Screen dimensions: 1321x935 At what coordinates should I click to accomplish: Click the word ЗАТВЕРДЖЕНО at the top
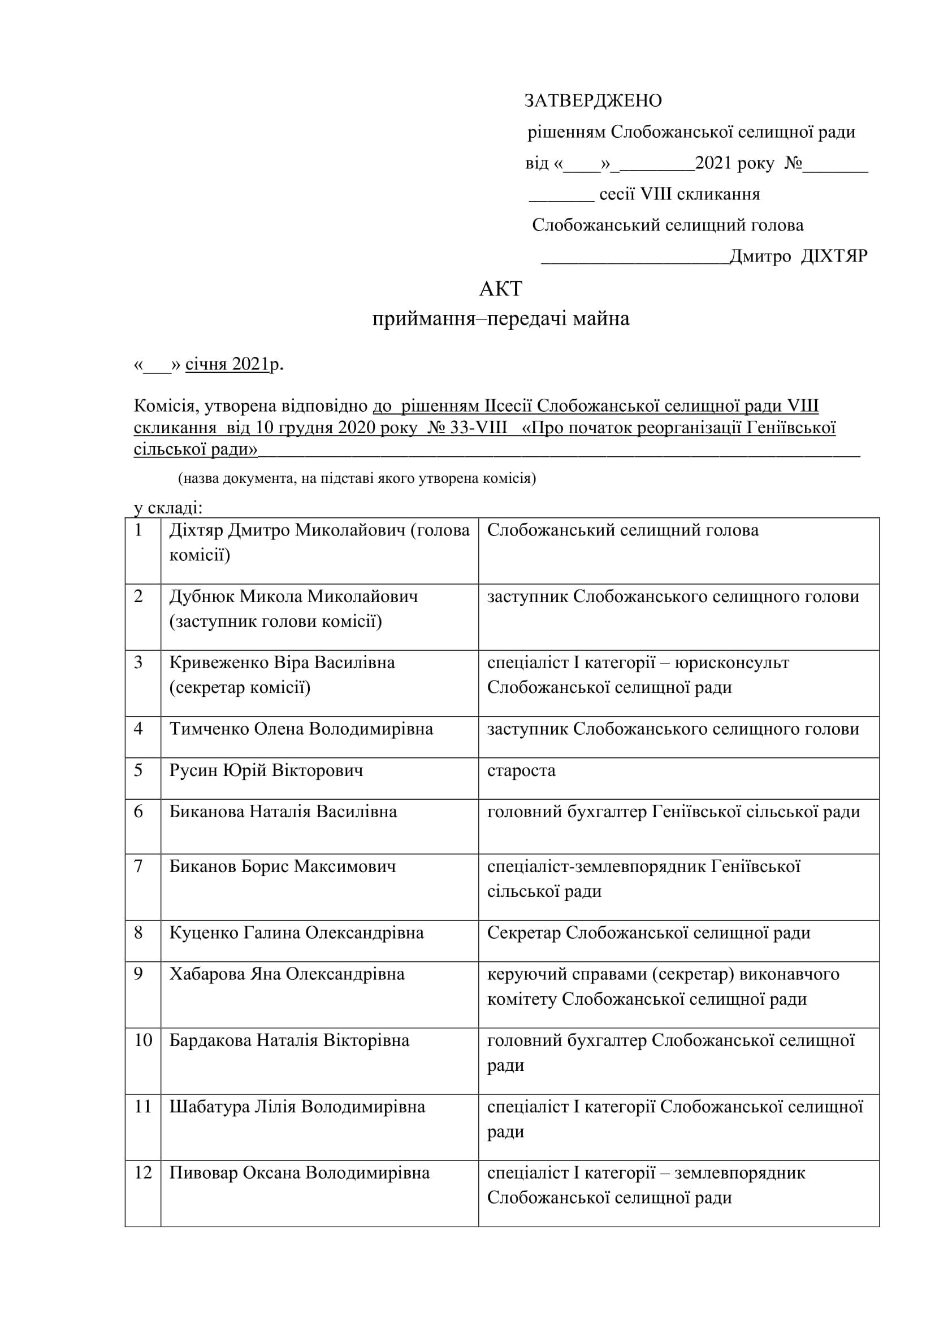pos(592,101)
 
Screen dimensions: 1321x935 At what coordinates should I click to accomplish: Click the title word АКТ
pos(500,289)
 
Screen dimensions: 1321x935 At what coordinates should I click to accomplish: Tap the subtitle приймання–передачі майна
pos(500,319)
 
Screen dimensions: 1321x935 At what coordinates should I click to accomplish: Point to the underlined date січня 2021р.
pos(232,364)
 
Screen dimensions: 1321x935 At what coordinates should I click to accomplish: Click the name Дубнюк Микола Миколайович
pos(293,596)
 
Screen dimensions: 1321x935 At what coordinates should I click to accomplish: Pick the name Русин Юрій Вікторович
pos(266,770)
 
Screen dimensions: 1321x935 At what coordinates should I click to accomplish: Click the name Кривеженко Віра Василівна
pos(282,663)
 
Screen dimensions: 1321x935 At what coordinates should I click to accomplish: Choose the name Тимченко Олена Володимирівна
pos(301,729)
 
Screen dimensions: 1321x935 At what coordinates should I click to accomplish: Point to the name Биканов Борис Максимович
pos(282,866)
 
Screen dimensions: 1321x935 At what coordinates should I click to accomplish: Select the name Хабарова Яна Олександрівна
pos(287,974)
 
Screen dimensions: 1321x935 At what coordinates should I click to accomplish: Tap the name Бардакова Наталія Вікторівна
pos(289,1040)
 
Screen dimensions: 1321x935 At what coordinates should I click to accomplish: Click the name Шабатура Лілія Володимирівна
pos(297,1106)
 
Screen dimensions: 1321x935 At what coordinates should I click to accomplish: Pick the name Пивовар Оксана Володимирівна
pos(299,1172)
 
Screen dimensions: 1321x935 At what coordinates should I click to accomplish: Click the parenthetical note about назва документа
pos(357,478)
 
